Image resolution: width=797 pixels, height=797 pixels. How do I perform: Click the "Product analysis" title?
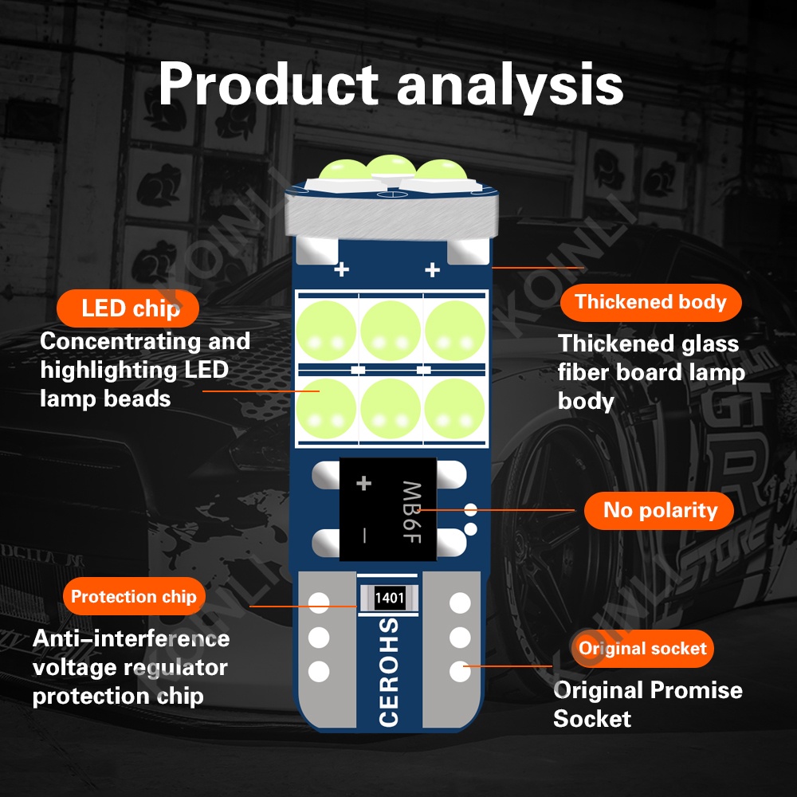point(391,84)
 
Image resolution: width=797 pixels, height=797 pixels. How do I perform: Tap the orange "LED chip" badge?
point(128,308)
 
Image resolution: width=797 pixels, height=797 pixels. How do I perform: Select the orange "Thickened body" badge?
point(650,302)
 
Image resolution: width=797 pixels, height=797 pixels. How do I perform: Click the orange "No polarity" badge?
point(659,510)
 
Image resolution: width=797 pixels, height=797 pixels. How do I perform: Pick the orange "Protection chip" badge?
point(134,596)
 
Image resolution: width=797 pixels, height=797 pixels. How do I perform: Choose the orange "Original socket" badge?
point(642,649)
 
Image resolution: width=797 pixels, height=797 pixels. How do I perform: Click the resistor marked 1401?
point(389,598)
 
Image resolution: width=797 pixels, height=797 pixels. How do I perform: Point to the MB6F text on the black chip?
point(412,512)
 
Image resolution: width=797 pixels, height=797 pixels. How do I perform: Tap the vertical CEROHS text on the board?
point(389,671)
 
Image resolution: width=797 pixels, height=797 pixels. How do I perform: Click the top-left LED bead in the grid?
point(327,330)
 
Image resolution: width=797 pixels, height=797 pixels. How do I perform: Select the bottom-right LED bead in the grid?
point(454,409)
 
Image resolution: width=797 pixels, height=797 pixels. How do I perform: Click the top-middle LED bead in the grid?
point(391,330)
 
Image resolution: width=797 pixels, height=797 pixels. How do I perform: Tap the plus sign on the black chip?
point(363,483)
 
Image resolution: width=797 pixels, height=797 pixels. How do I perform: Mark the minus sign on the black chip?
point(364,535)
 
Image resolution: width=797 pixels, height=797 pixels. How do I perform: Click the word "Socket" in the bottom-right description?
point(592,719)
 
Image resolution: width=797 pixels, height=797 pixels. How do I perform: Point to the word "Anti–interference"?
point(132,638)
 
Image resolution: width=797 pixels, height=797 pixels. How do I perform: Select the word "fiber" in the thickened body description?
point(583,372)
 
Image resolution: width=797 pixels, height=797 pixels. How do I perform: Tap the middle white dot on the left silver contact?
point(319,638)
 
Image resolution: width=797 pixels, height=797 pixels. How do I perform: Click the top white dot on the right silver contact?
point(460,603)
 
